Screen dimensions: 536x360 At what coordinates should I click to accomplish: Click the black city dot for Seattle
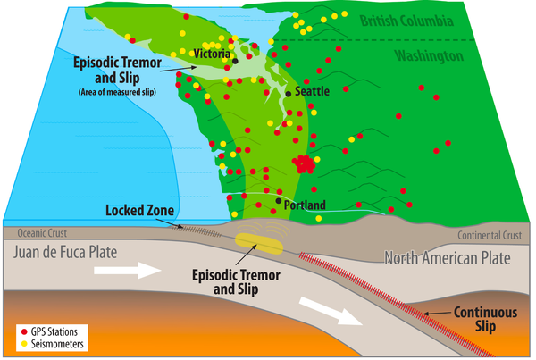289,94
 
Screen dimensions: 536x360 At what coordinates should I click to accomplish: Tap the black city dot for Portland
279,201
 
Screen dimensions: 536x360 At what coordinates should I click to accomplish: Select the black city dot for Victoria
235,62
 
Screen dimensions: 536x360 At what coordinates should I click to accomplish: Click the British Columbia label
406,21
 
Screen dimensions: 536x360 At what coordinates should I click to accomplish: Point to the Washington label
429,55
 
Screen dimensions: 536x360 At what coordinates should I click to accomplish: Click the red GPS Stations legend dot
24,331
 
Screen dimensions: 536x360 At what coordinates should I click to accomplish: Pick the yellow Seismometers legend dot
24,344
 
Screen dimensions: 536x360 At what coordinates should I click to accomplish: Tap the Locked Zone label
140,210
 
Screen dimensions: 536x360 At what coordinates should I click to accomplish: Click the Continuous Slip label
485,319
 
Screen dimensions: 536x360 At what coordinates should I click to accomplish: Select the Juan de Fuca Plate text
65,252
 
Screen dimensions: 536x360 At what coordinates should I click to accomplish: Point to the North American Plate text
448,258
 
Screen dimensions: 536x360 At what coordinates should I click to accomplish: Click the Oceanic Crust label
42,233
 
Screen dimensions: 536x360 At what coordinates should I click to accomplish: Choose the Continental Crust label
490,235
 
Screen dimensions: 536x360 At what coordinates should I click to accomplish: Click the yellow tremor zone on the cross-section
259,244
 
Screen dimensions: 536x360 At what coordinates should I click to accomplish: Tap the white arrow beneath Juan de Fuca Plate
127,271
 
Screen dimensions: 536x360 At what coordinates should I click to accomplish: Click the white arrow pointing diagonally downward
331,312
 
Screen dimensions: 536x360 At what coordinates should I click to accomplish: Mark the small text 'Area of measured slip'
117,92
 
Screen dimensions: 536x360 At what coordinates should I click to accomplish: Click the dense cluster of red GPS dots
304,163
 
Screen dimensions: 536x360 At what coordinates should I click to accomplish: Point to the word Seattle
312,91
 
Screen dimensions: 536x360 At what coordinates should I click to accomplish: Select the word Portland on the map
305,205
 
